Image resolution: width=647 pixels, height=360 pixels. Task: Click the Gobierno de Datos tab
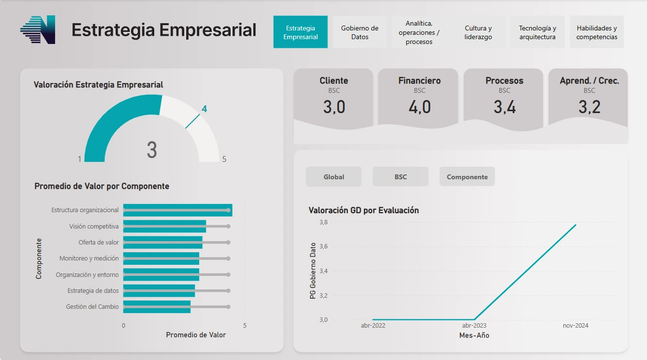point(360,32)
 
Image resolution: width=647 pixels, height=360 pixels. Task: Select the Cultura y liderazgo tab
point(478,32)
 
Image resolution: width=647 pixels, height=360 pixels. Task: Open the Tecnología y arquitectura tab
point(537,32)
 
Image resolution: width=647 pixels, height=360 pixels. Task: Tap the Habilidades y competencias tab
point(597,32)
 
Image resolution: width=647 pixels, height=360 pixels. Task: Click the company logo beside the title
point(38,30)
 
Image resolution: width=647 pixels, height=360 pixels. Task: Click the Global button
point(334,177)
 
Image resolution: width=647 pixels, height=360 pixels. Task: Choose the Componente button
point(467,177)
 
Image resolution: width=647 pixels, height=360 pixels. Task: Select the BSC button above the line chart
point(400,177)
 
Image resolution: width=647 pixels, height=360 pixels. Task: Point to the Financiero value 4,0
point(420,107)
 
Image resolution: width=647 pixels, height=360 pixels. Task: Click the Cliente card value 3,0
point(334,107)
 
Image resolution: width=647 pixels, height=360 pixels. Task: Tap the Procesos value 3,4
point(504,107)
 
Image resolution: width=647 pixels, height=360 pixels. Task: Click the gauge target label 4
point(204,109)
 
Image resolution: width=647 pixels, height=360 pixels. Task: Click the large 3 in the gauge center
point(152,150)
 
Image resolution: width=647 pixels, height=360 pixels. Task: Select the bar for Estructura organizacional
point(177,210)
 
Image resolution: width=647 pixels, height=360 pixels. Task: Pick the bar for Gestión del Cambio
point(157,307)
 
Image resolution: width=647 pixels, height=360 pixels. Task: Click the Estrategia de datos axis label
point(93,290)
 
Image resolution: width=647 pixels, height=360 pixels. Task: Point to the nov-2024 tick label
point(575,326)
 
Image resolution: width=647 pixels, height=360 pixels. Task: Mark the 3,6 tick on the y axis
point(323,246)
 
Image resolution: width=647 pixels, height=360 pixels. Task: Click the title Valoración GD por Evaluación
point(364,210)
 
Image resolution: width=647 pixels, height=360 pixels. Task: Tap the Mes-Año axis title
point(474,335)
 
